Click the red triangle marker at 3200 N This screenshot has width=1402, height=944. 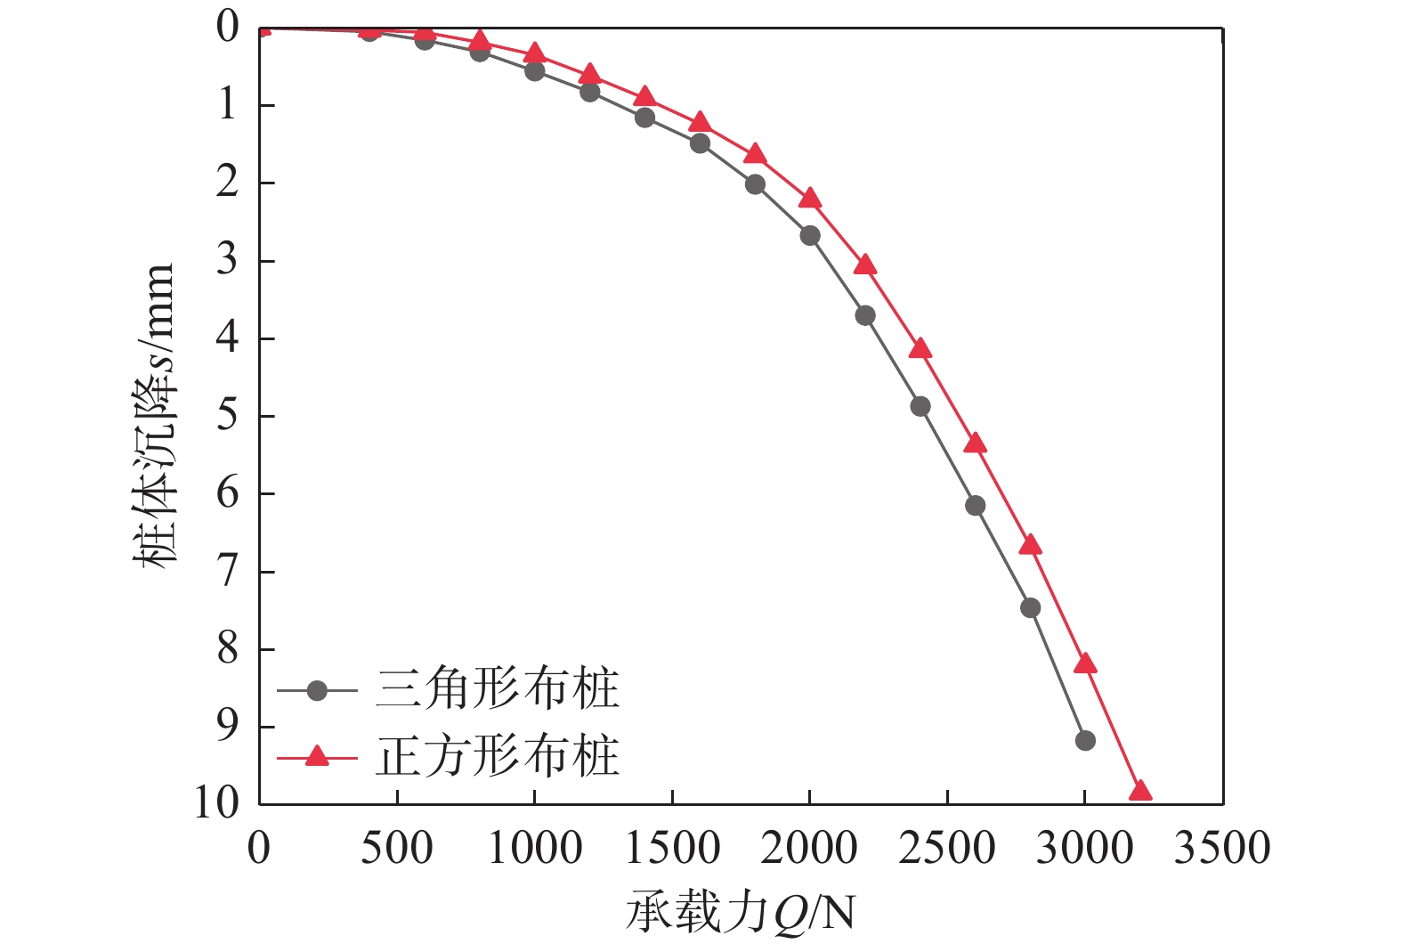coord(1139,792)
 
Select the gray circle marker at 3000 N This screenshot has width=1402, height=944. coord(1084,740)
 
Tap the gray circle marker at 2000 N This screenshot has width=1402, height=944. coord(810,235)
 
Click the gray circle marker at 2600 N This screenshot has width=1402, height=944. coord(975,505)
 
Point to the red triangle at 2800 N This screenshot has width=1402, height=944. coord(1030,545)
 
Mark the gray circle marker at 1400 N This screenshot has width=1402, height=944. coord(644,117)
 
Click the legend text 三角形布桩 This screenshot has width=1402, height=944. coord(497,690)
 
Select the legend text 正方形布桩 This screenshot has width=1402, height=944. coord(497,757)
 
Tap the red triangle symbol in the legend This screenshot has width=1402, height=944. coord(317,757)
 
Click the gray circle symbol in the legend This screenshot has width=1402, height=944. coord(317,690)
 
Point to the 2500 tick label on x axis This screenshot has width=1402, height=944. coord(946,848)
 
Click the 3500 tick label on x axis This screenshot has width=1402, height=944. coord(1221,848)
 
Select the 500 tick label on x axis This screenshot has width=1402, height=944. coord(396,848)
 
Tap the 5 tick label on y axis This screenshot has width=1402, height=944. coord(228,416)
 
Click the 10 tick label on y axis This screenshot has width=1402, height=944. coord(216,803)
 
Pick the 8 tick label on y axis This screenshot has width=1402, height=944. coord(228,649)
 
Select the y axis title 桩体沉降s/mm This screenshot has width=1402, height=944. coord(155,415)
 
